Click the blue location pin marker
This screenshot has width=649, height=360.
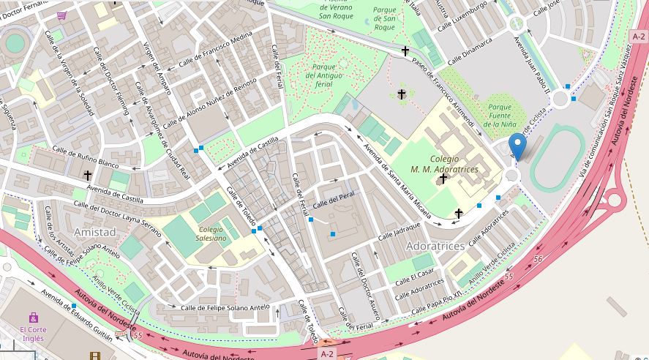coord(517,147)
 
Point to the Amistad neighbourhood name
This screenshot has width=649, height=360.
coord(94,231)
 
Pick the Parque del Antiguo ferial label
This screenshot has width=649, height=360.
coord(319,75)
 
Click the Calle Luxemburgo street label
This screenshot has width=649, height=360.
coord(462,16)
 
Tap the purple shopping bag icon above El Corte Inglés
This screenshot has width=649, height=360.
coord(33,318)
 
